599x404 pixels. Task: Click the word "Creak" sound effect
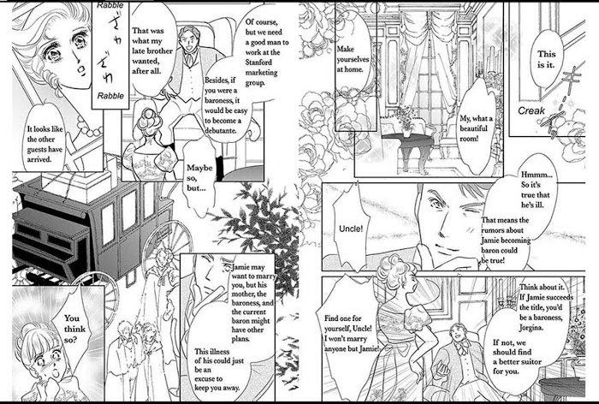click(531, 110)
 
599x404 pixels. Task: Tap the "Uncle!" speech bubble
click(351, 228)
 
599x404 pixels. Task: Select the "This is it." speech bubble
click(546, 59)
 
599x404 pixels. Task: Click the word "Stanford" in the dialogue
click(258, 62)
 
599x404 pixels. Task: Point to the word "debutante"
click(221, 131)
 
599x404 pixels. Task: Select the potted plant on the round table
click(406, 122)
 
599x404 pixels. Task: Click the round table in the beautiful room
click(407, 150)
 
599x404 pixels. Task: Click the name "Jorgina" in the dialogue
click(531, 328)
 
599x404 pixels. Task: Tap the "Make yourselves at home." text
click(353, 59)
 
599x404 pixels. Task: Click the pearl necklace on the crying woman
click(89, 127)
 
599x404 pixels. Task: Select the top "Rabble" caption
click(110, 5)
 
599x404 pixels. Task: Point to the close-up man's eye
click(436, 201)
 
